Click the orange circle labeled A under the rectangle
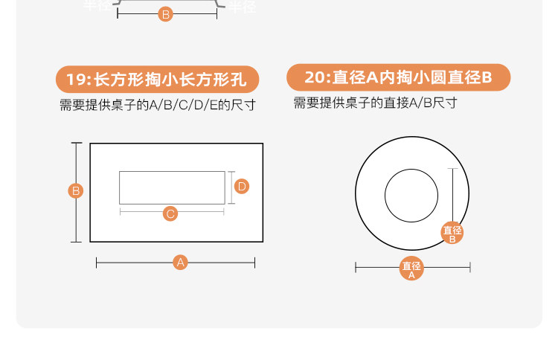pyautogui.click(x=179, y=262)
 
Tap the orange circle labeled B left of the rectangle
pyautogui.click(x=76, y=191)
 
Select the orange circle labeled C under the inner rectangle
pyautogui.click(x=170, y=213)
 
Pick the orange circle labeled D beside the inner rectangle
pyautogui.click(x=242, y=186)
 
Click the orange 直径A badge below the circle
pyautogui.click(x=411, y=269)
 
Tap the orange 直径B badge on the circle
pyautogui.click(x=452, y=233)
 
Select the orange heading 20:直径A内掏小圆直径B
pyautogui.click(x=398, y=77)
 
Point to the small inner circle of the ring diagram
pyautogui.click(x=411, y=196)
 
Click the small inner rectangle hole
pyautogui.click(x=172, y=187)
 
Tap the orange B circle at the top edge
pyautogui.click(x=166, y=13)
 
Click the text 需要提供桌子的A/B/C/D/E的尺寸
pyautogui.click(x=157, y=105)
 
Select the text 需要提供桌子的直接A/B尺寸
pyautogui.click(x=375, y=103)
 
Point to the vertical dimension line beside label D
pyautogui.click(x=231, y=186)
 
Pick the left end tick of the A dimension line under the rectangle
pyautogui.click(x=97, y=262)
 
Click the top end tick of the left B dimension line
pyautogui.click(x=76, y=144)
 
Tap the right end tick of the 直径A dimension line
pyautogui.click(x=469, y=267)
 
